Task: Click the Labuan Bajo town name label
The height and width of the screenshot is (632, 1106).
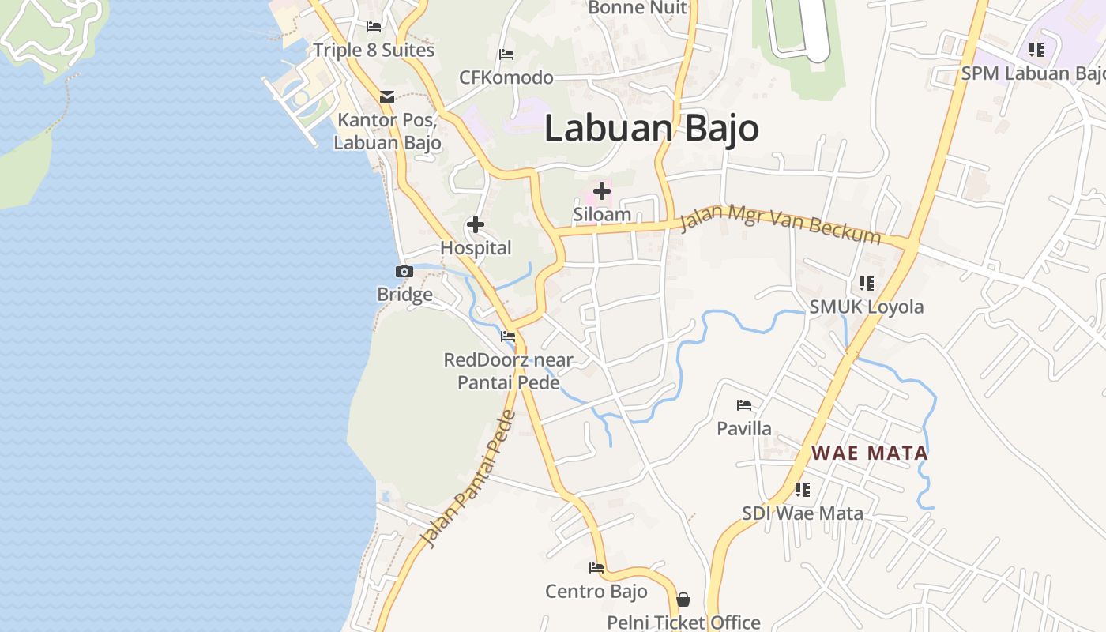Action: click(x=651, y=129)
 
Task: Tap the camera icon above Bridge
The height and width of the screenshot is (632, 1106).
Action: click(x=404, y=272)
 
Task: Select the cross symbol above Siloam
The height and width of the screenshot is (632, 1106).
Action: click(x=602, y=191)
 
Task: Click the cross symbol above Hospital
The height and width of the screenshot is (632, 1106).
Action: click(x=476, y=225)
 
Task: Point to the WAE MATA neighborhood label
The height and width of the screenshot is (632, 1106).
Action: click(x=870, y=453)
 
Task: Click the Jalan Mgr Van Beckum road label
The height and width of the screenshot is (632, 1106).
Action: click(x=780, y=220)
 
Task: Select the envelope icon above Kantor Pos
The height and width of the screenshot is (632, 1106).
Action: click(x=387, y=97)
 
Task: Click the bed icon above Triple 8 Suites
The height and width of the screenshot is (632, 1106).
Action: click(x=374, y=27)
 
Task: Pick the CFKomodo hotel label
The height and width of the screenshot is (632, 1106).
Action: click(x=506, y=77)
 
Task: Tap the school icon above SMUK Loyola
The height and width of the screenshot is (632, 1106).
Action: click(x=867, y=284)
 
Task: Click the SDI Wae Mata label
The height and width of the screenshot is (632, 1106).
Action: click(x=803, y=513)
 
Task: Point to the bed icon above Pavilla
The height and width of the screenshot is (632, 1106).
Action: click(x=744, y=406)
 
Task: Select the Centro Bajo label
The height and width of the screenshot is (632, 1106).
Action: click(x=596, y=591)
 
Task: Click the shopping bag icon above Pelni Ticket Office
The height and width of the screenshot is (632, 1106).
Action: click(x=683, y=600)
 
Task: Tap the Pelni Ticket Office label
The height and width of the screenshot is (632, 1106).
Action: click(x=683, y=623)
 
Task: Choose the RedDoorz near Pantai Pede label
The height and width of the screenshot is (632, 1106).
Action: click(x=509, y=371)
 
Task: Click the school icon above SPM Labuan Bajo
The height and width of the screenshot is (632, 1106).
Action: click(x=1036, y=51)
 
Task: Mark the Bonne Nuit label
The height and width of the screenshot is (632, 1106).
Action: click(x=638, y=8)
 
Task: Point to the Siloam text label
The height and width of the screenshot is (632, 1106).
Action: click(x=602, y=214)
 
